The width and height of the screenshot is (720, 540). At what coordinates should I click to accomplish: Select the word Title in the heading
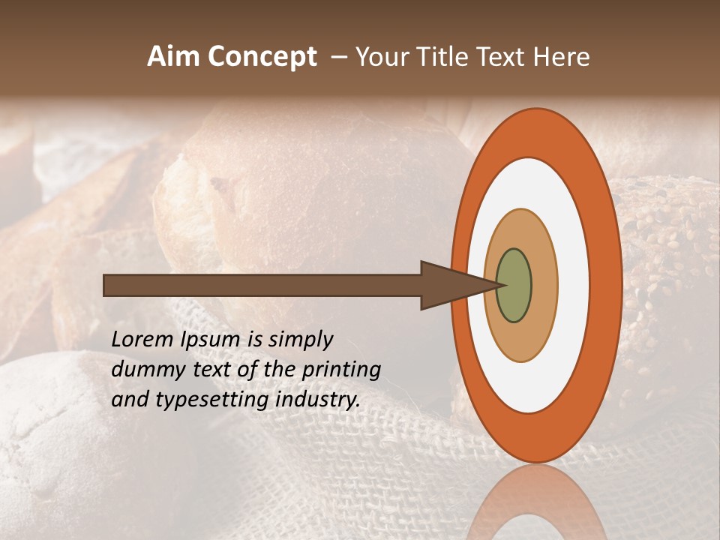point(447,57)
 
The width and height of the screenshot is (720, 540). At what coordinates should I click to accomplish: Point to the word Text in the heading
point(503,57)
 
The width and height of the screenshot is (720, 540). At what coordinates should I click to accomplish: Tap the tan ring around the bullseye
point(544,285)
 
